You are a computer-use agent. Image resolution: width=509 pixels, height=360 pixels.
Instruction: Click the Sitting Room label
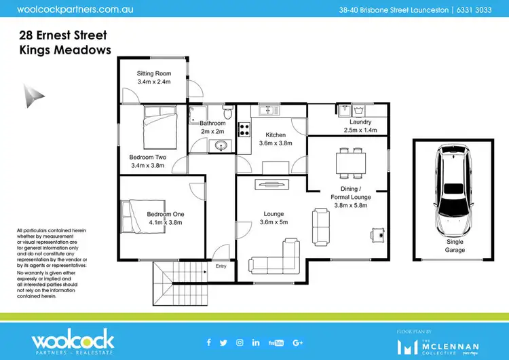pos(153,73)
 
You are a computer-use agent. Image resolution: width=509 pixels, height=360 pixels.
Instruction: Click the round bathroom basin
pos(221,145)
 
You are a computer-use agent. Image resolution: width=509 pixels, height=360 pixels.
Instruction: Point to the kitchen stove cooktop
pos(245,128)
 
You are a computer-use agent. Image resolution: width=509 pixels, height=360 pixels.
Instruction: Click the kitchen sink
pos(265,109)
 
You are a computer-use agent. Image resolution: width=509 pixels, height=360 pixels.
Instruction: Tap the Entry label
pos(221,266)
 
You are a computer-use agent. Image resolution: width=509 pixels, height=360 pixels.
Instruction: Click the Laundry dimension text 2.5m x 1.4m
pos(359,130)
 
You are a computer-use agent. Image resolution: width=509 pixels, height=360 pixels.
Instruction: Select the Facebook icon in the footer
pos(208,342)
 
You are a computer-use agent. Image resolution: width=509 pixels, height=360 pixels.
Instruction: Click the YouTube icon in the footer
pos(276,342)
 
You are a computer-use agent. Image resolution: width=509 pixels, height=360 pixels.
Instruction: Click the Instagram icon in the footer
pos(240,342)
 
